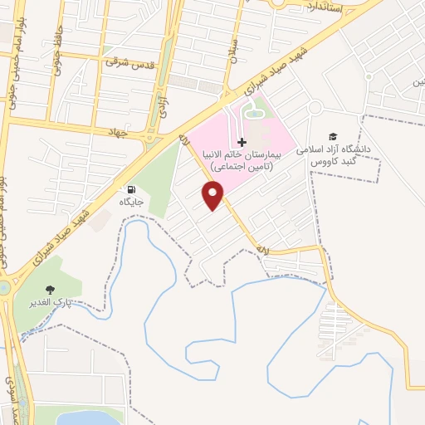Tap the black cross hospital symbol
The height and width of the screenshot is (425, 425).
(242, 144)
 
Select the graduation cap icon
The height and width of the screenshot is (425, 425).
(333, 136)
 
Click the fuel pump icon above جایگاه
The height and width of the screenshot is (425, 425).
(132, 189)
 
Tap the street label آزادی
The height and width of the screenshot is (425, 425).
(164, 105)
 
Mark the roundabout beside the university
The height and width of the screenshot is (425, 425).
(315, 107)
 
